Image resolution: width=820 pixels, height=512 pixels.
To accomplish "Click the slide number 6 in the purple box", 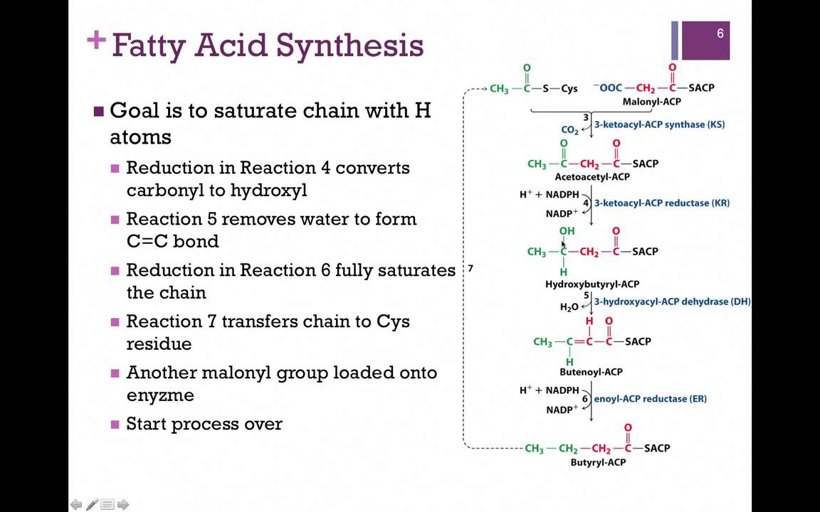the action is tap(720, 34).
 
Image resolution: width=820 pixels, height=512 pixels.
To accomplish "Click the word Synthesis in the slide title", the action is tap(349, 46).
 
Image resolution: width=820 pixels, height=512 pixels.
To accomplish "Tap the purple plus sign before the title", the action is tap(96, 41).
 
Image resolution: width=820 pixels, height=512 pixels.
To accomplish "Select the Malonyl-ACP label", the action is tap(651, 102).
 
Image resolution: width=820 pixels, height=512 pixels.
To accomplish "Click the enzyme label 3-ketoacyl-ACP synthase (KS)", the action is tap(659, 125).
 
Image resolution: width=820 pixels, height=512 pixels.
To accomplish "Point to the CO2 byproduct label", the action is tap(569, 130).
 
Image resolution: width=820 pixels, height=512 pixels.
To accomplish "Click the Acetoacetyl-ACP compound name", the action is tap(592, 176).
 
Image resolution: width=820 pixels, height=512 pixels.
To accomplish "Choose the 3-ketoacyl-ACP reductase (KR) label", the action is tap(661, 203).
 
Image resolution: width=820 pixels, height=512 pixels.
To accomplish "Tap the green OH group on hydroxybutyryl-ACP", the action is tap(567, 231).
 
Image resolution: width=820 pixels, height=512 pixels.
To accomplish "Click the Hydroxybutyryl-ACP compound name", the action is tap(592, 284).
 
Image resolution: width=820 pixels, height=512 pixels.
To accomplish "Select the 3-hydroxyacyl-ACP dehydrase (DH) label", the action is tap(672, 302).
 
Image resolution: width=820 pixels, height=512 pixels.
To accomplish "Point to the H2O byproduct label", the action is tap(569, 307).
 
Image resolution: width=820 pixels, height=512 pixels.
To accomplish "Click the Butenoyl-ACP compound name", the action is tap(591, 372).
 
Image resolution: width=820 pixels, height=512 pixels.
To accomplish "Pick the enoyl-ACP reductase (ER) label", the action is tap(650, 399).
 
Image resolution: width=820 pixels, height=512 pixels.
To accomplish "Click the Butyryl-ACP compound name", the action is tap(598, 462).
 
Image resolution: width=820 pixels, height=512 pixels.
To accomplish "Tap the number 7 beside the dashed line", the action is tap(471, 269).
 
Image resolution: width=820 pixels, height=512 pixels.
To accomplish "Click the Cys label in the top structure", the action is tap(569, 89).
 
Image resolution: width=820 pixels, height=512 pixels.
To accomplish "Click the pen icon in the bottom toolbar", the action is tap(92, 504).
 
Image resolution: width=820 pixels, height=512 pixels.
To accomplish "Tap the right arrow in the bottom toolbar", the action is tap(123, 505).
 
